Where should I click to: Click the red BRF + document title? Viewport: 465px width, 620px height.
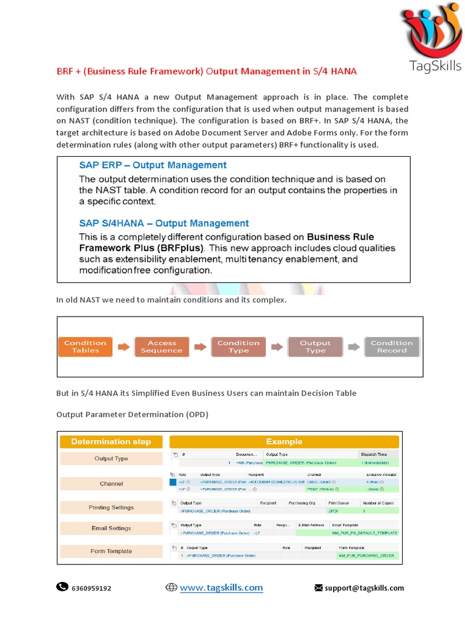point(206,71)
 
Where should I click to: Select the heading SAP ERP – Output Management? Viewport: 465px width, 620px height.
point(153,165)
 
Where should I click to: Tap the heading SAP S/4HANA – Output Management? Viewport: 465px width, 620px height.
point(163,223)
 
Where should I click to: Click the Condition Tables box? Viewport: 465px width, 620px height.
point(85,346)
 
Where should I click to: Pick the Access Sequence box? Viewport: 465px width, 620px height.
point(162,346)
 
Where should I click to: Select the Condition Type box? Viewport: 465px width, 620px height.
point(239,346)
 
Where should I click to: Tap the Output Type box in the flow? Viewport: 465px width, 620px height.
point(315,346)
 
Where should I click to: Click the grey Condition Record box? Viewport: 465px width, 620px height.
point(392,346)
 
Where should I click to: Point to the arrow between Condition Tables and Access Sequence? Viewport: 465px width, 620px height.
point(124,347)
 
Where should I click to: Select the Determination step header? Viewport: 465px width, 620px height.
point(111,441)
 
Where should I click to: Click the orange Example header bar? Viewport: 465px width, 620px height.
point(284,441)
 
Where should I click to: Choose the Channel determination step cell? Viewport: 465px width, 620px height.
point(111,484)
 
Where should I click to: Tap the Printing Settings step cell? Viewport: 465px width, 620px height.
point(111,507)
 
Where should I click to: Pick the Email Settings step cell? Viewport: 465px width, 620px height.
point(111,528)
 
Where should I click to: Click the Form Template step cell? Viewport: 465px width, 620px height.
point(111,552)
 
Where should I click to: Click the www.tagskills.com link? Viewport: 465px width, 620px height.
point(221,587)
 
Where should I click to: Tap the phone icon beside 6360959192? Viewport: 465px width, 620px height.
point(62,587)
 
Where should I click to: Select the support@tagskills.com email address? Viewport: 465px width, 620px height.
point(364,588)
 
